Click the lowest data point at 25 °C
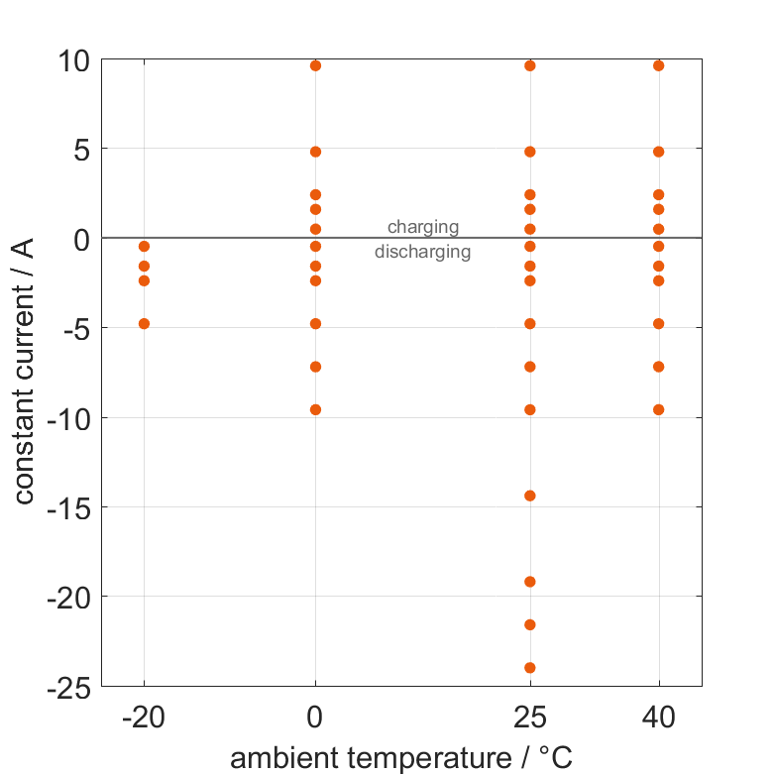[x=530, y=668]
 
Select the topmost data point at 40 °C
[x=659, y=65]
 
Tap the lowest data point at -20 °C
[x=144, y=323]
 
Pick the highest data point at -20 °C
[x=144, y=246]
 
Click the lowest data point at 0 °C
[x=315, y=409]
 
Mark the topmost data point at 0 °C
[x=315, y=65]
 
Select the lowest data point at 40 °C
[x=659, y=409]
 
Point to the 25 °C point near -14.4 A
[x=530, y=496]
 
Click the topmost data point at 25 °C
[x=530, y=65]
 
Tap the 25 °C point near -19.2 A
[x=530, y=582]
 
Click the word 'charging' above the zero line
[x=423, y=227]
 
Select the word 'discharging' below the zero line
[x=423, y=252]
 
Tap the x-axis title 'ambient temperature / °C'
[x=401, y=758]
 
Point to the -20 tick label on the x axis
[x=144, y=718]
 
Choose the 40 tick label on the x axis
[x=659, y=718]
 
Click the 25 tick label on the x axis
[x=530, y=718]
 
